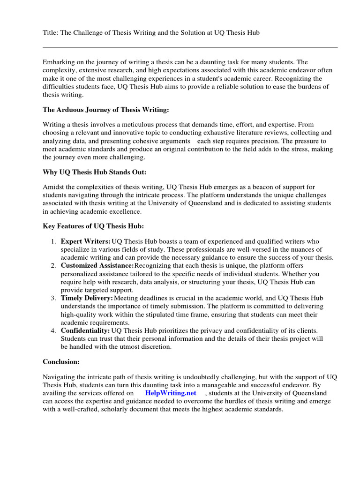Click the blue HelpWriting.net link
[171, 393]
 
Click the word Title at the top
[49, 32]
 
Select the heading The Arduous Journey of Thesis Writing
[105, 110]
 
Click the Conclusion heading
[61, 362]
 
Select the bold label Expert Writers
[85, 241]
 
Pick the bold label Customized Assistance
[97, 265]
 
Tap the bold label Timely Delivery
[87, 298]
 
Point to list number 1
[52, 241]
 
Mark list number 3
[52, 298]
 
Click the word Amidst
[53, 187]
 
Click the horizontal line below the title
[190, 47]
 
